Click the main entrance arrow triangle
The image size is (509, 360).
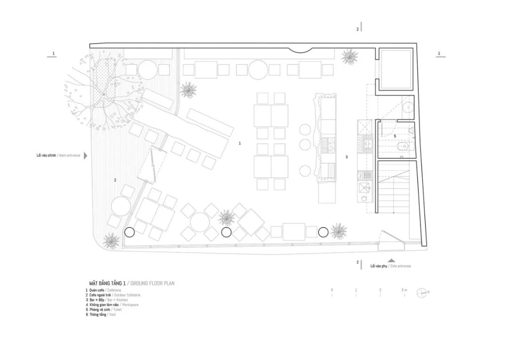point(85,155)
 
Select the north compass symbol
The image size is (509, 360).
point(420,293)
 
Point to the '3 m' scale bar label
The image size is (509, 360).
point(404,290)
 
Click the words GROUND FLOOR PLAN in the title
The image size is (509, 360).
point(152,283)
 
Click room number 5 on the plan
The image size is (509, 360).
point(395,136)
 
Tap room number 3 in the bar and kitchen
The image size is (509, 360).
point(346,157)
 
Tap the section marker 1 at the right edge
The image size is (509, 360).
point(439,54)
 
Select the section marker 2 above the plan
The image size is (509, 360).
point(358,29)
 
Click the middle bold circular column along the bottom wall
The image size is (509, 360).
point(226,232)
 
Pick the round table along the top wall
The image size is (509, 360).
point(258,70)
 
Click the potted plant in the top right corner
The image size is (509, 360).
point(350,57)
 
